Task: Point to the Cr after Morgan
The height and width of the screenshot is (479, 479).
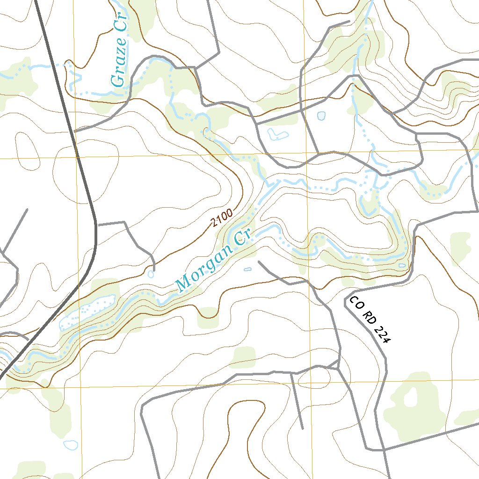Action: coord(243,237)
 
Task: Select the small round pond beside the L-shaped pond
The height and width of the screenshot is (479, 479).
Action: coord(321,116)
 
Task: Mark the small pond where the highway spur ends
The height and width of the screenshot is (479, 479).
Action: coord(150,274)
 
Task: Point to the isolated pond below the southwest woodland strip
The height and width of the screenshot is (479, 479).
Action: coord(71,444)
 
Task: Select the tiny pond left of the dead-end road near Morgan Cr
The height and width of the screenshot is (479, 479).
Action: coord(247,269)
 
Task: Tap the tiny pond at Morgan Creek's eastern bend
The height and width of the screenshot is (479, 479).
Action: coord(402,265)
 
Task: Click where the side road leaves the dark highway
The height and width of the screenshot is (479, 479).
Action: coord(96,224)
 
